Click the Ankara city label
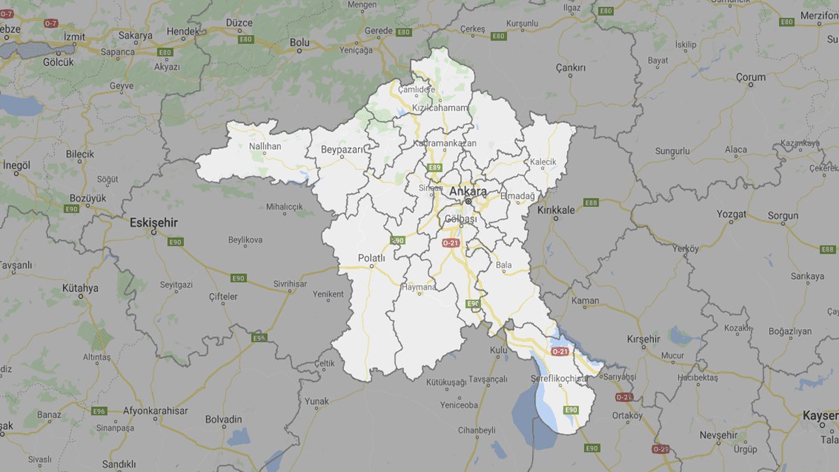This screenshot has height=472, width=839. tap(468, 191)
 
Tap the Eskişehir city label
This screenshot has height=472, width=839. tap(154, 223)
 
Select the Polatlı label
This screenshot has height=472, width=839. tap(371, 258)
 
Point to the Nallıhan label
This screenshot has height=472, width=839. tap(265, 146)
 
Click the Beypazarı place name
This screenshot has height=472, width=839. tap(339, 150)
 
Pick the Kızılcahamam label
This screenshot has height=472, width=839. tap(439, 108)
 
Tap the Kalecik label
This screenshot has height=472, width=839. tap(543, 162)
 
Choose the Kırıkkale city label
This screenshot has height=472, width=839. tap(556, 210)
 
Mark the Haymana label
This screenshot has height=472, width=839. tap(418, 287)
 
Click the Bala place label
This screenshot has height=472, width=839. tap(503, 265)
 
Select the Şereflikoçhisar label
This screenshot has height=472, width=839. tap(559, 378)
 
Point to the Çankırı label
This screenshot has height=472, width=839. tap(570, 68)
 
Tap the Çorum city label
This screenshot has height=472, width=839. tap(750, 77)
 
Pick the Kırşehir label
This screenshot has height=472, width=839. tap(643, 339)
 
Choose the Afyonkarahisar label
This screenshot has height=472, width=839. tap(155, 411)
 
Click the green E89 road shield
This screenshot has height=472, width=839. tap(435, 168)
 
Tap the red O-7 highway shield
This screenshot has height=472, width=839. tap(50, 23)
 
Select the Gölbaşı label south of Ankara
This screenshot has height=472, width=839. tap(460, 220)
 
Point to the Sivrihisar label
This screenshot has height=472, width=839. tap(289, 283)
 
